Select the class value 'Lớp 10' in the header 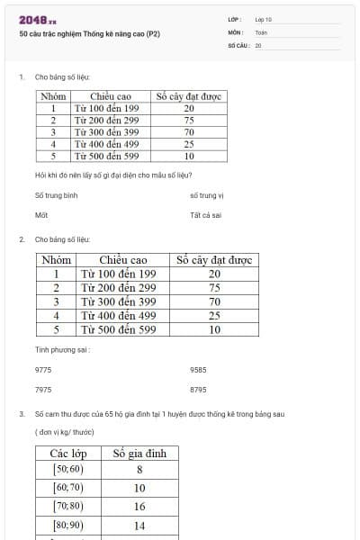pos(263,19)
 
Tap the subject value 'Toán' pos(260,31)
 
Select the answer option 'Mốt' pos(40,215)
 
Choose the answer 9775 pos(43,369)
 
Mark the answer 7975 pos(43,390)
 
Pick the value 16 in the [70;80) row pos(139,506)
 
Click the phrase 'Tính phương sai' pos(62,348)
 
